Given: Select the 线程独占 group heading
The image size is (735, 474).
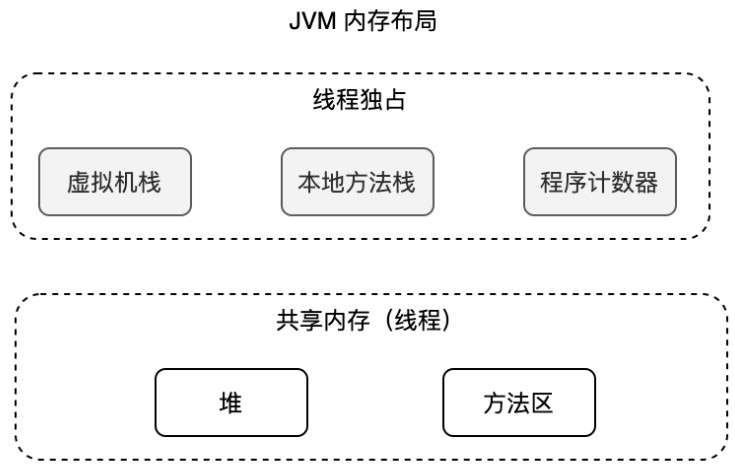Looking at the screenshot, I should tap(360, 102).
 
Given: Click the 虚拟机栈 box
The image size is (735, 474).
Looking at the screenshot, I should tap(115, 182).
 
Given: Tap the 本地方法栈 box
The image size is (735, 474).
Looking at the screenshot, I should tap(357, 182).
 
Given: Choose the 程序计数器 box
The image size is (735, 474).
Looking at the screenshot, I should tap(599, 182).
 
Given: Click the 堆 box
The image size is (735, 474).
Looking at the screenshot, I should tap(231, 403).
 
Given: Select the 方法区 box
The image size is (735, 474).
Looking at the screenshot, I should tap(519, 403).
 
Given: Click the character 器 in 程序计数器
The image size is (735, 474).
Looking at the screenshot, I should tap(647, 183).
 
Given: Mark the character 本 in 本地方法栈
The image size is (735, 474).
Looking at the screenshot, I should tap(309, 183).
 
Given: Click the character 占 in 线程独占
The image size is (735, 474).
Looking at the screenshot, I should tap(396, 102).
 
